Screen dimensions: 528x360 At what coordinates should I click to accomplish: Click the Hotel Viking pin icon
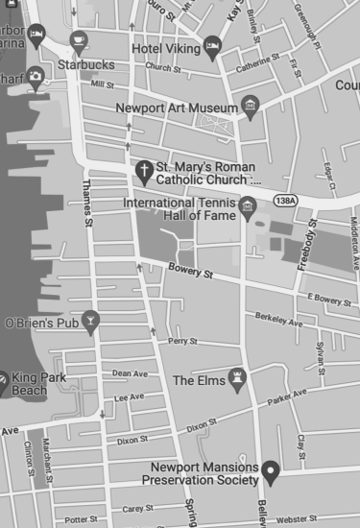[213, 47]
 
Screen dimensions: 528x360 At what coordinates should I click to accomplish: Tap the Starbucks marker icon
[79, 42]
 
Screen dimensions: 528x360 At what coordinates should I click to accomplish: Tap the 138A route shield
[284, 200]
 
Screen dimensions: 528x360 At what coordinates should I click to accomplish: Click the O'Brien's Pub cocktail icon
[91, 322]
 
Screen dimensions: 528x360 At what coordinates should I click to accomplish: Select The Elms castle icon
[237, 379]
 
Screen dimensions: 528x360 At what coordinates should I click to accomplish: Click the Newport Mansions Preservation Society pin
[271, 470]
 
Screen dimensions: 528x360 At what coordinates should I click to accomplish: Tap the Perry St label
[182, 341]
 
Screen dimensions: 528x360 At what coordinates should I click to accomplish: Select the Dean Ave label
[129, 373]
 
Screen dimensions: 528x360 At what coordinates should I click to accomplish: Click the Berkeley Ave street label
[278, 321]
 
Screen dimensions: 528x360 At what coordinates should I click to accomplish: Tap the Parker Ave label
[287, 396]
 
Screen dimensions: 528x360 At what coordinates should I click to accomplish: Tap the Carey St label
[137, 508]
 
